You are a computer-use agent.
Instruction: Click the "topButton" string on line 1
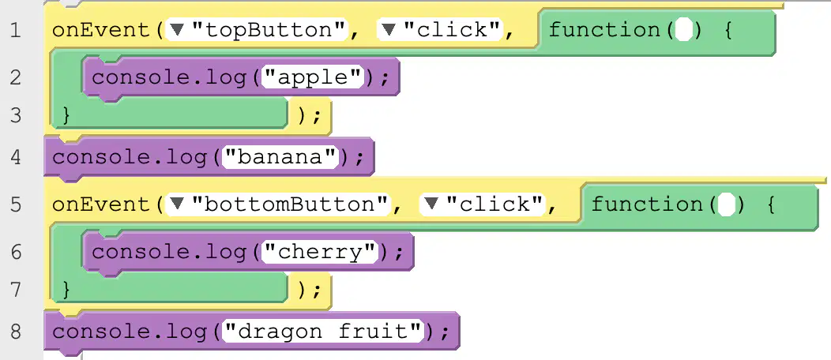(x=269, y=30)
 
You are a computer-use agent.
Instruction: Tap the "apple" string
(x=313, y=78)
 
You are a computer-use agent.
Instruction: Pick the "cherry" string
(x=320, y=252)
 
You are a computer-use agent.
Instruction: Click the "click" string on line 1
(x=452, y=30)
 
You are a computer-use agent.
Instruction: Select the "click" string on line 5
(x=494, y=204)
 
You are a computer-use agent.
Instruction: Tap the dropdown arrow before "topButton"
(x=178, y=31)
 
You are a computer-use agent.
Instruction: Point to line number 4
(x=15, y=157)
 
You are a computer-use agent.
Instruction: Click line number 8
(x=15, y=332)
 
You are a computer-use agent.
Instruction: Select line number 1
(x=15, y=30)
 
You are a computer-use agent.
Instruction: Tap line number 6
(x=15, y=252)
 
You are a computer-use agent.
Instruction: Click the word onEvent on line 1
(x=101, y=30)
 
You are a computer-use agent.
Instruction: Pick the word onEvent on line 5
(x=101, y=204)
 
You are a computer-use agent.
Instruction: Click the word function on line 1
(x=604, y=30)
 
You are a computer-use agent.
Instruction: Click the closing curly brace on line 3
(x=66, y=115)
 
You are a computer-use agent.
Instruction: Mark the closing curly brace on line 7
(x=66, y=290)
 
